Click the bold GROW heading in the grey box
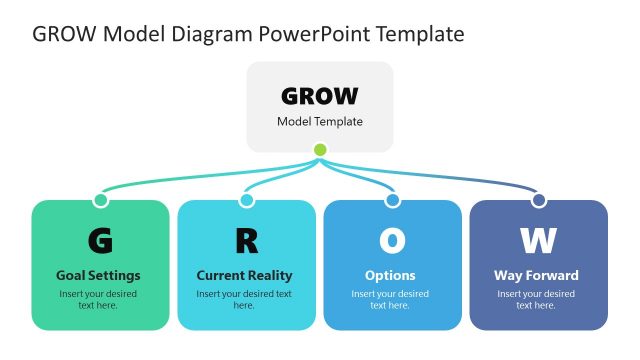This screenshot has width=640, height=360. click(320, 96)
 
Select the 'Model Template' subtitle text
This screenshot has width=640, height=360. click(320, 122)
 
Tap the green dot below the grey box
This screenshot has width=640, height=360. click(320, 150)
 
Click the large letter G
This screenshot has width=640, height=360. click(100, 241)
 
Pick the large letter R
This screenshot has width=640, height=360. click(246, 241)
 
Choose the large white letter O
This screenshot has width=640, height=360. click(392, 241)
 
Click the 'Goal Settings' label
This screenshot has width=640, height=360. click(98, 275)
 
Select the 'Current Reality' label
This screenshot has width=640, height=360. click(244, 275)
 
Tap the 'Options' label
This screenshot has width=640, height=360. click(390, 275)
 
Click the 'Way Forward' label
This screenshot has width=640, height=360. click(536, 275)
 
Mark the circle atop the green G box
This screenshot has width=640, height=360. click(100, 200)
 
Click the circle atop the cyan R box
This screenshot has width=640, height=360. click(246, 200)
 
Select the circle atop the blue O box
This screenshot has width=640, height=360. click(392, 200)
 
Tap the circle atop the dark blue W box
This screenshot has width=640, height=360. click(538, 200)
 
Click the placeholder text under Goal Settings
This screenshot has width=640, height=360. click(98, 299)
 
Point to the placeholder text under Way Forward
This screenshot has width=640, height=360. click(536, 299)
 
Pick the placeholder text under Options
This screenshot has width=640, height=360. click(390, 299)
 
